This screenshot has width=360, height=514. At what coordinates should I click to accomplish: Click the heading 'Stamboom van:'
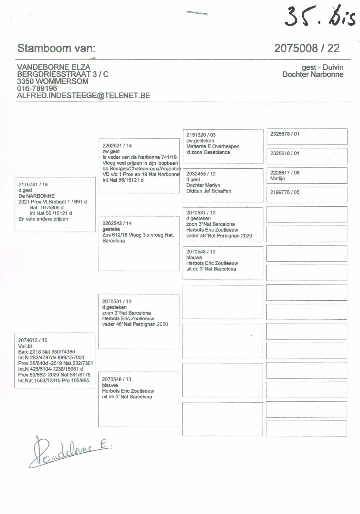click(x=56, y=48)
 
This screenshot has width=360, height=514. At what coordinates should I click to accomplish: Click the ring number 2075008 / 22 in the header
click(x=307, y=48)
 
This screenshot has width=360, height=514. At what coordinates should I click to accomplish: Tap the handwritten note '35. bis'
click(x=320, y=17)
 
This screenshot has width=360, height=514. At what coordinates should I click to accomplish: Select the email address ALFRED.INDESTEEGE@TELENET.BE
click(x=83, y=96)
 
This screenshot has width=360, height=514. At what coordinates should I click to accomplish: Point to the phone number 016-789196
click(x=37, y=88)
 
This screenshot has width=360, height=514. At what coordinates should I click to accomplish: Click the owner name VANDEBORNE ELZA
click(x=53, y=67)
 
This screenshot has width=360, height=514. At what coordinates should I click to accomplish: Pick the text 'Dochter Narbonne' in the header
click(x=313, y=74)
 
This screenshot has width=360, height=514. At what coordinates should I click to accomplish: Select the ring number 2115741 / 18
click(x=33, y=184)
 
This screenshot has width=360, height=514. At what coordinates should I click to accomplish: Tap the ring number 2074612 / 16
click(x=33, y=340)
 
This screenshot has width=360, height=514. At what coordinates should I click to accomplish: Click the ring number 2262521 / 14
click(x=117, y=146)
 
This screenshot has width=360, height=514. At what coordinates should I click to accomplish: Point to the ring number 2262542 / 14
click(x=117, y=223)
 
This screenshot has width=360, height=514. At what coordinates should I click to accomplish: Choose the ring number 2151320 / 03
click(x=201, y=135)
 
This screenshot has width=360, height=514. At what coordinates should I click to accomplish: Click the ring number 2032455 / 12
click(x=201, y=174)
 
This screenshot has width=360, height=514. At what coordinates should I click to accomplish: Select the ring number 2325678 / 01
click(x=285, y=134)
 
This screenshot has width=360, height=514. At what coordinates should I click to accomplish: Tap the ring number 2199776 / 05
click(x=285, y=192)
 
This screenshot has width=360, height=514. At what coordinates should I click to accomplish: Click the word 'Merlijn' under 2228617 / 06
click(x=277, y=179)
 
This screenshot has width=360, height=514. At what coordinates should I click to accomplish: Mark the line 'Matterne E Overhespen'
click(x=213, y=146)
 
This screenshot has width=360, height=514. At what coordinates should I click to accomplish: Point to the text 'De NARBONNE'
click(x=36, y=196)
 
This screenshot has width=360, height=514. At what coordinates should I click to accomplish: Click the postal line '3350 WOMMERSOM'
click(x=53, y=81)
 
